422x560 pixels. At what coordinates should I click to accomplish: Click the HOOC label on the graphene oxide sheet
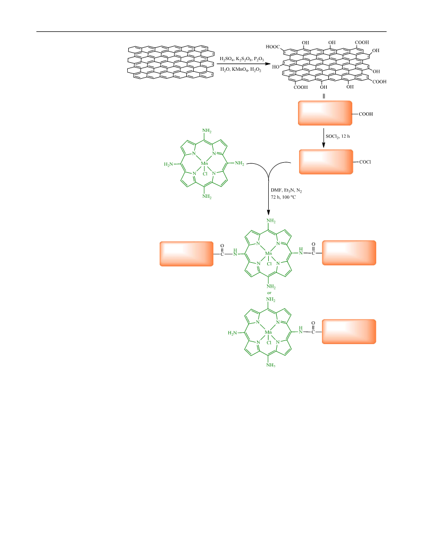[272, 47]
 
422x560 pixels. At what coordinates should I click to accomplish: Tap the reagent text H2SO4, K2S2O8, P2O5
[242, 58]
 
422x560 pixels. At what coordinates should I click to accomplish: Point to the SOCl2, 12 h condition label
[338, 137]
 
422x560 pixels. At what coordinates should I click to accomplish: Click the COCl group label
[365, 162]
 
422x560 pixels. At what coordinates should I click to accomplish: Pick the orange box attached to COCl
[326, 162]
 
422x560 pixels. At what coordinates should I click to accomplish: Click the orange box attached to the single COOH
[325, 113]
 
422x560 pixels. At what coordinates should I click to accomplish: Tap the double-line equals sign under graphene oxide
[324, 96]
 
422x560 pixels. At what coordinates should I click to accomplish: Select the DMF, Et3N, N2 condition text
[286, 191]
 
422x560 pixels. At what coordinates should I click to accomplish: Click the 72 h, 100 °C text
[283, 197]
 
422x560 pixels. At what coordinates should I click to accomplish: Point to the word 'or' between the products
[269, 293]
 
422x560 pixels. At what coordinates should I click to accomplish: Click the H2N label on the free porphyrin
[168, 164]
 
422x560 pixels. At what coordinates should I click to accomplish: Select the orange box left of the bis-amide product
[187, 254]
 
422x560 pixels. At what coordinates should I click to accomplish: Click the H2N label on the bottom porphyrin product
[232, 333]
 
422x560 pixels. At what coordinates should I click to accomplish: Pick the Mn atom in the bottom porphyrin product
[268, 332]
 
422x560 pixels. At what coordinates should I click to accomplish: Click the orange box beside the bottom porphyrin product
[349, 331]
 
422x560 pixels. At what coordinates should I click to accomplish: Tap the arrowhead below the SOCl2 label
[324, 145]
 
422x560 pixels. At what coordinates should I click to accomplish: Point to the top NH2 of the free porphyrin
[207, 131]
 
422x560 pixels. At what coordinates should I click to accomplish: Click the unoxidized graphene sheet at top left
[170, 62]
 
